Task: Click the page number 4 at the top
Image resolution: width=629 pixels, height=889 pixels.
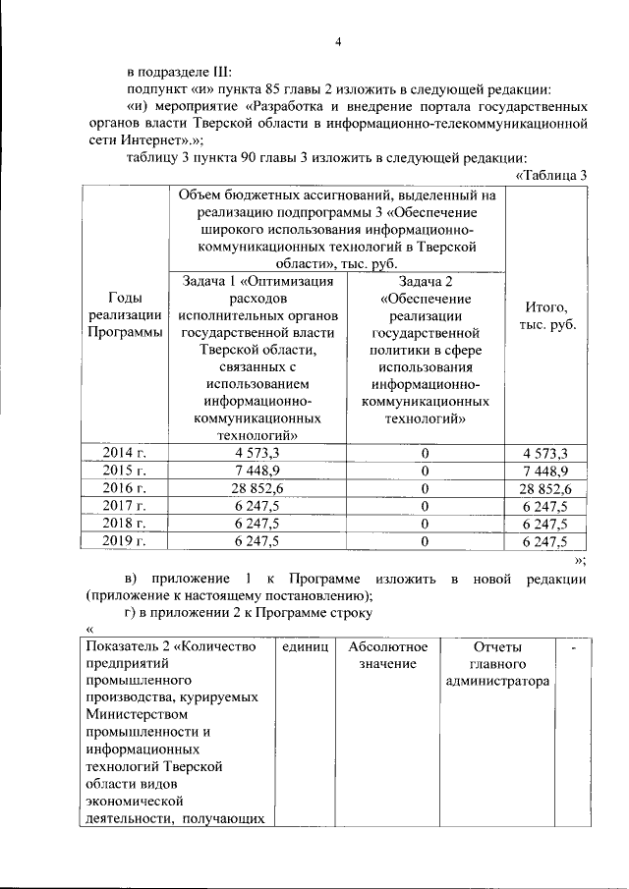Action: (337, 41)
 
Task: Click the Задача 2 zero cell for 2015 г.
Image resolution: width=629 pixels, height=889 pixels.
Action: (426, 471)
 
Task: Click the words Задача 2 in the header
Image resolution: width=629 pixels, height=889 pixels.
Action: (426, 281)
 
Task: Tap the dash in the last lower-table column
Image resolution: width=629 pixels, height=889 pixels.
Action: (572, 648)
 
